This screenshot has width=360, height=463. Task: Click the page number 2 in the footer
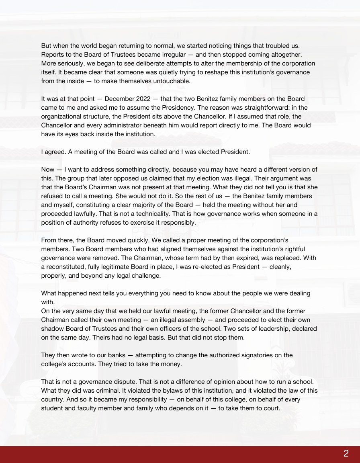tap(346, 454)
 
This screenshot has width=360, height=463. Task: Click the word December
tap(120, 99)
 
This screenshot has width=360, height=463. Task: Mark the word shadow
tap(51, 329)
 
